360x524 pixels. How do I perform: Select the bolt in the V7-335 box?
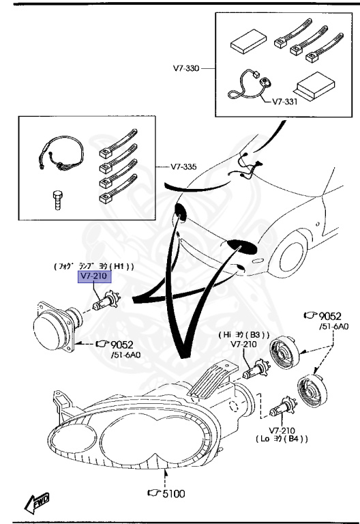click(x=58, y=201)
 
